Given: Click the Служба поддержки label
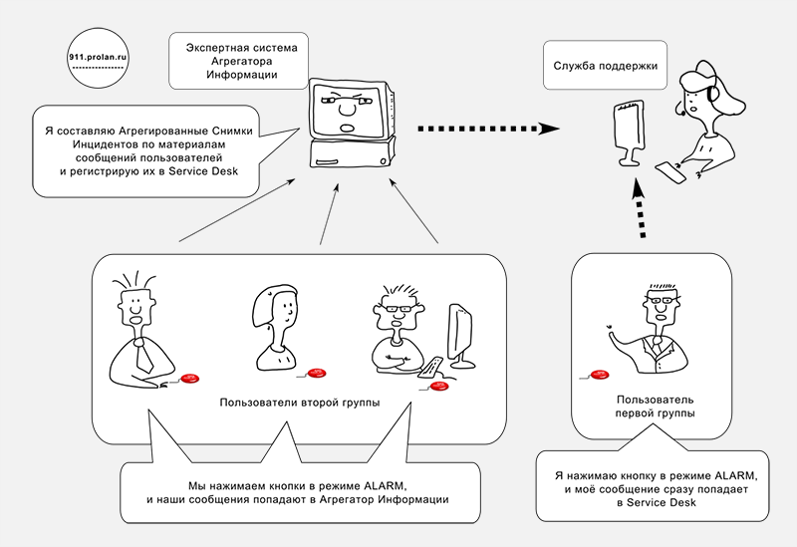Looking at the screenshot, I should tap(606, 67).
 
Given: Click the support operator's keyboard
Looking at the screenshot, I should tap(671, 171).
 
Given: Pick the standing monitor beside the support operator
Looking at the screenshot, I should tap(627, 130).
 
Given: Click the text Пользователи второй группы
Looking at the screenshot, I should tap(300, 405).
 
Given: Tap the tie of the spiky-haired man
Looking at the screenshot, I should tap(143, 350).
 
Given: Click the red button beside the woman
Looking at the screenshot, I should tap(317, 373).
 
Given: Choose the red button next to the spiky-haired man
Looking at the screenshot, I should tap(189, 379).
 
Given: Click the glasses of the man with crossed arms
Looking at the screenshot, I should tap(396, 308).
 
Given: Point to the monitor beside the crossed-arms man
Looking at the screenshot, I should tap(459, 334).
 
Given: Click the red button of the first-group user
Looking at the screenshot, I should tap(599, 375).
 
